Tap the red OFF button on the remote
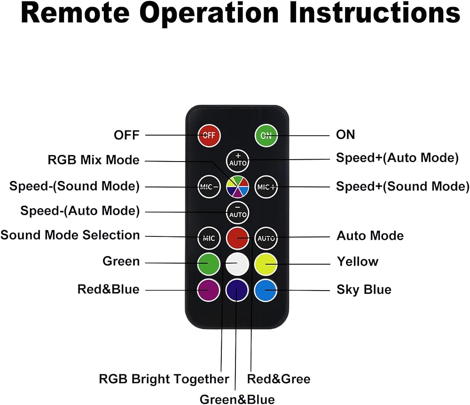209,136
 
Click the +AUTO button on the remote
238,161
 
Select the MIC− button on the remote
209,187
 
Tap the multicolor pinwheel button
237,186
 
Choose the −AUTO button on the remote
237,213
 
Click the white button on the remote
237,264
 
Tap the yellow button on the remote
266,264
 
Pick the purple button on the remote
209,290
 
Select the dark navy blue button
237,290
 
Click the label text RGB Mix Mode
94,160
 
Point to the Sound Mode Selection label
70,235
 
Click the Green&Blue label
237,400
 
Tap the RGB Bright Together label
164,379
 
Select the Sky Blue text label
364,290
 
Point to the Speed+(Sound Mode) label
403,186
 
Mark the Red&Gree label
279,379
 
